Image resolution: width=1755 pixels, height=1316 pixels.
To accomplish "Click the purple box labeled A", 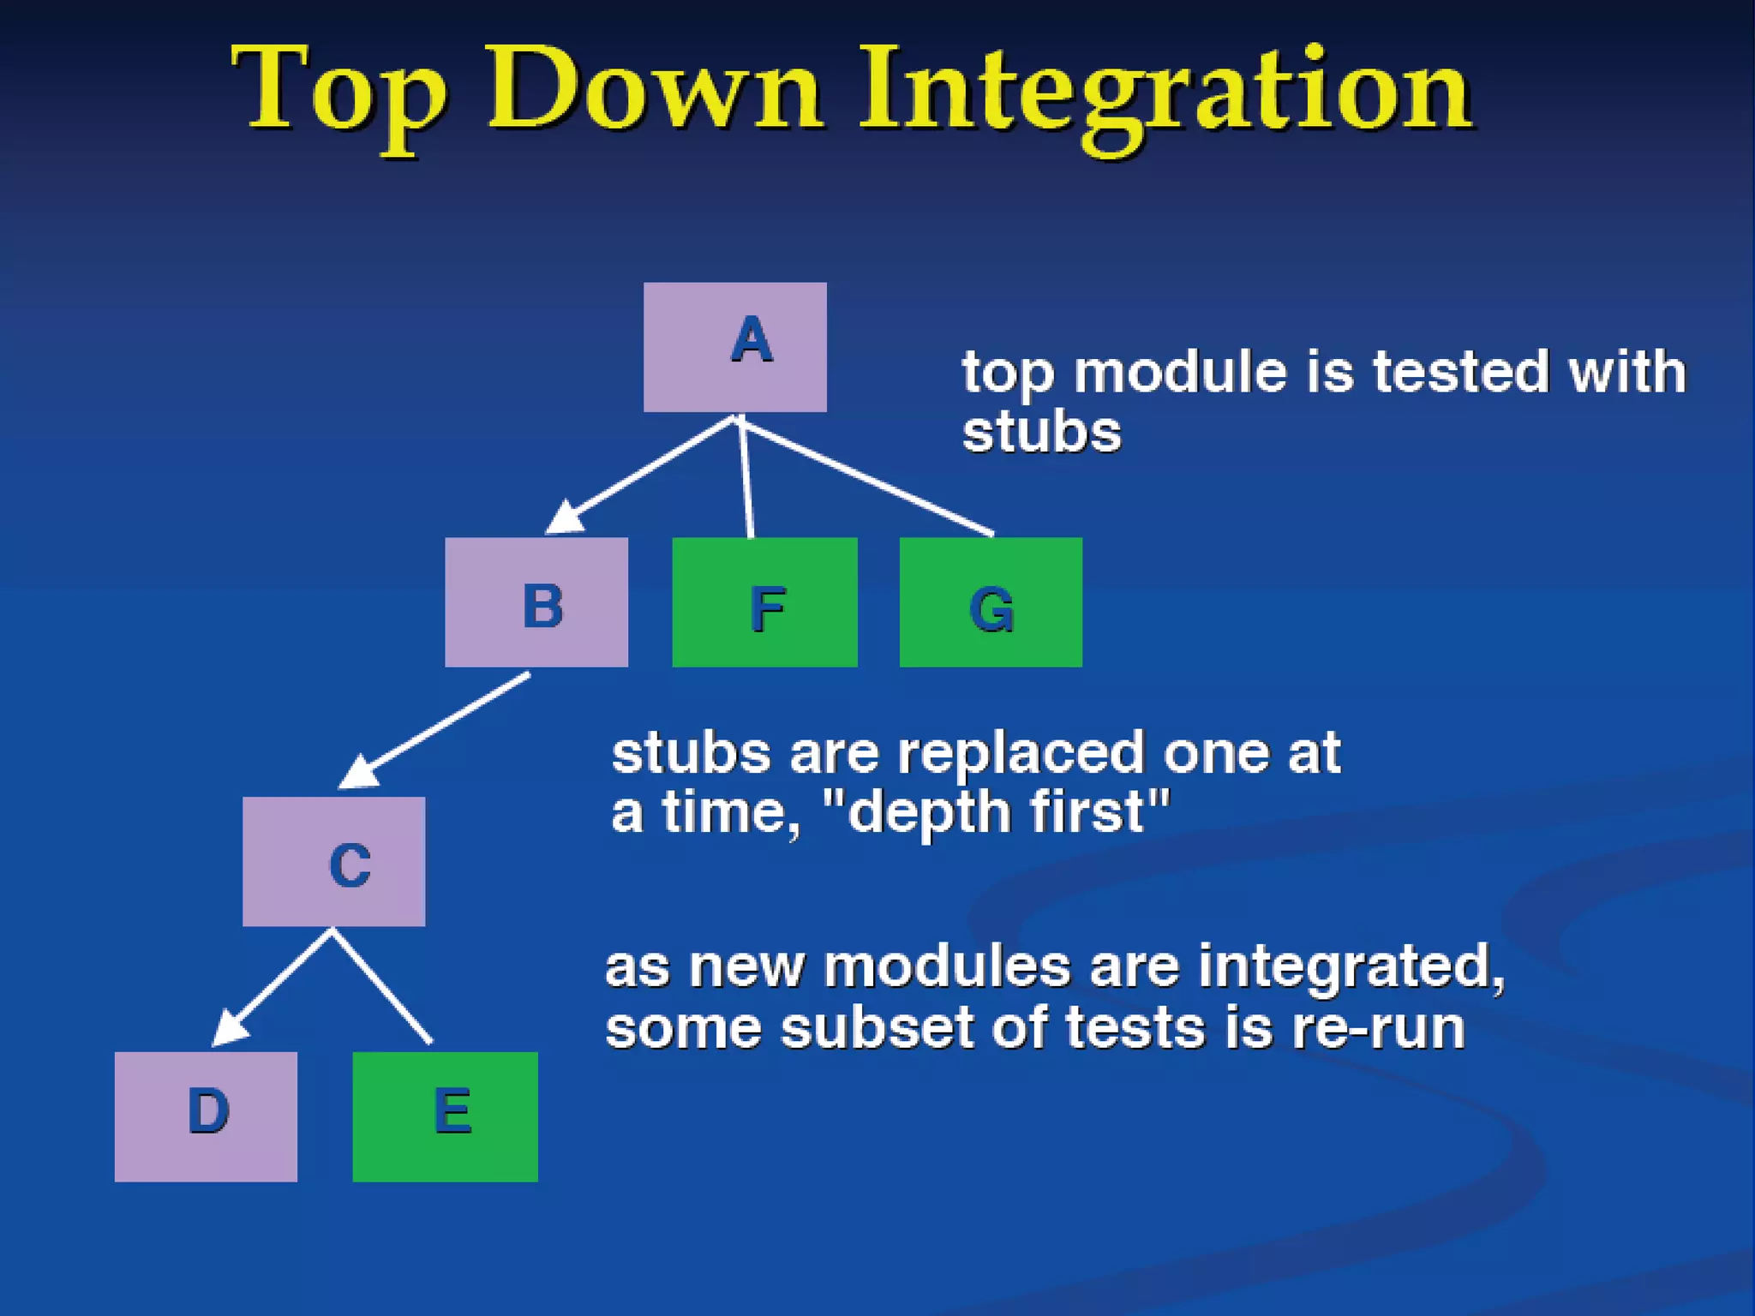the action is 734,347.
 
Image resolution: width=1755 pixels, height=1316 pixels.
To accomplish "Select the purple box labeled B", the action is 536,602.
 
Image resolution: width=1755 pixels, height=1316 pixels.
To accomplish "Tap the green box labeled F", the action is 764,602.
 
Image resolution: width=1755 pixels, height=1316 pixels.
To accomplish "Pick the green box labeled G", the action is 991,602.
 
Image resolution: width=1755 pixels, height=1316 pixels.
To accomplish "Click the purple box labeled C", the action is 333,861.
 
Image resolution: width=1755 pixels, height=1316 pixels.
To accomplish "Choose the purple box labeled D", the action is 206,1116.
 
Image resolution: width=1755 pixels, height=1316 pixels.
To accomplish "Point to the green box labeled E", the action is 445,1116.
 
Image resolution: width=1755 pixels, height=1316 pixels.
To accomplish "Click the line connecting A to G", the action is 866,476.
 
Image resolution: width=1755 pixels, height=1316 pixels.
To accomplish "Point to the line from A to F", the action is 746,480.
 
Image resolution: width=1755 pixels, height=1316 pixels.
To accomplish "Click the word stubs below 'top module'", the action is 1041,432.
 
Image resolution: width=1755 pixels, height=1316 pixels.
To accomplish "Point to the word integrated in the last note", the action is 1351,967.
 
